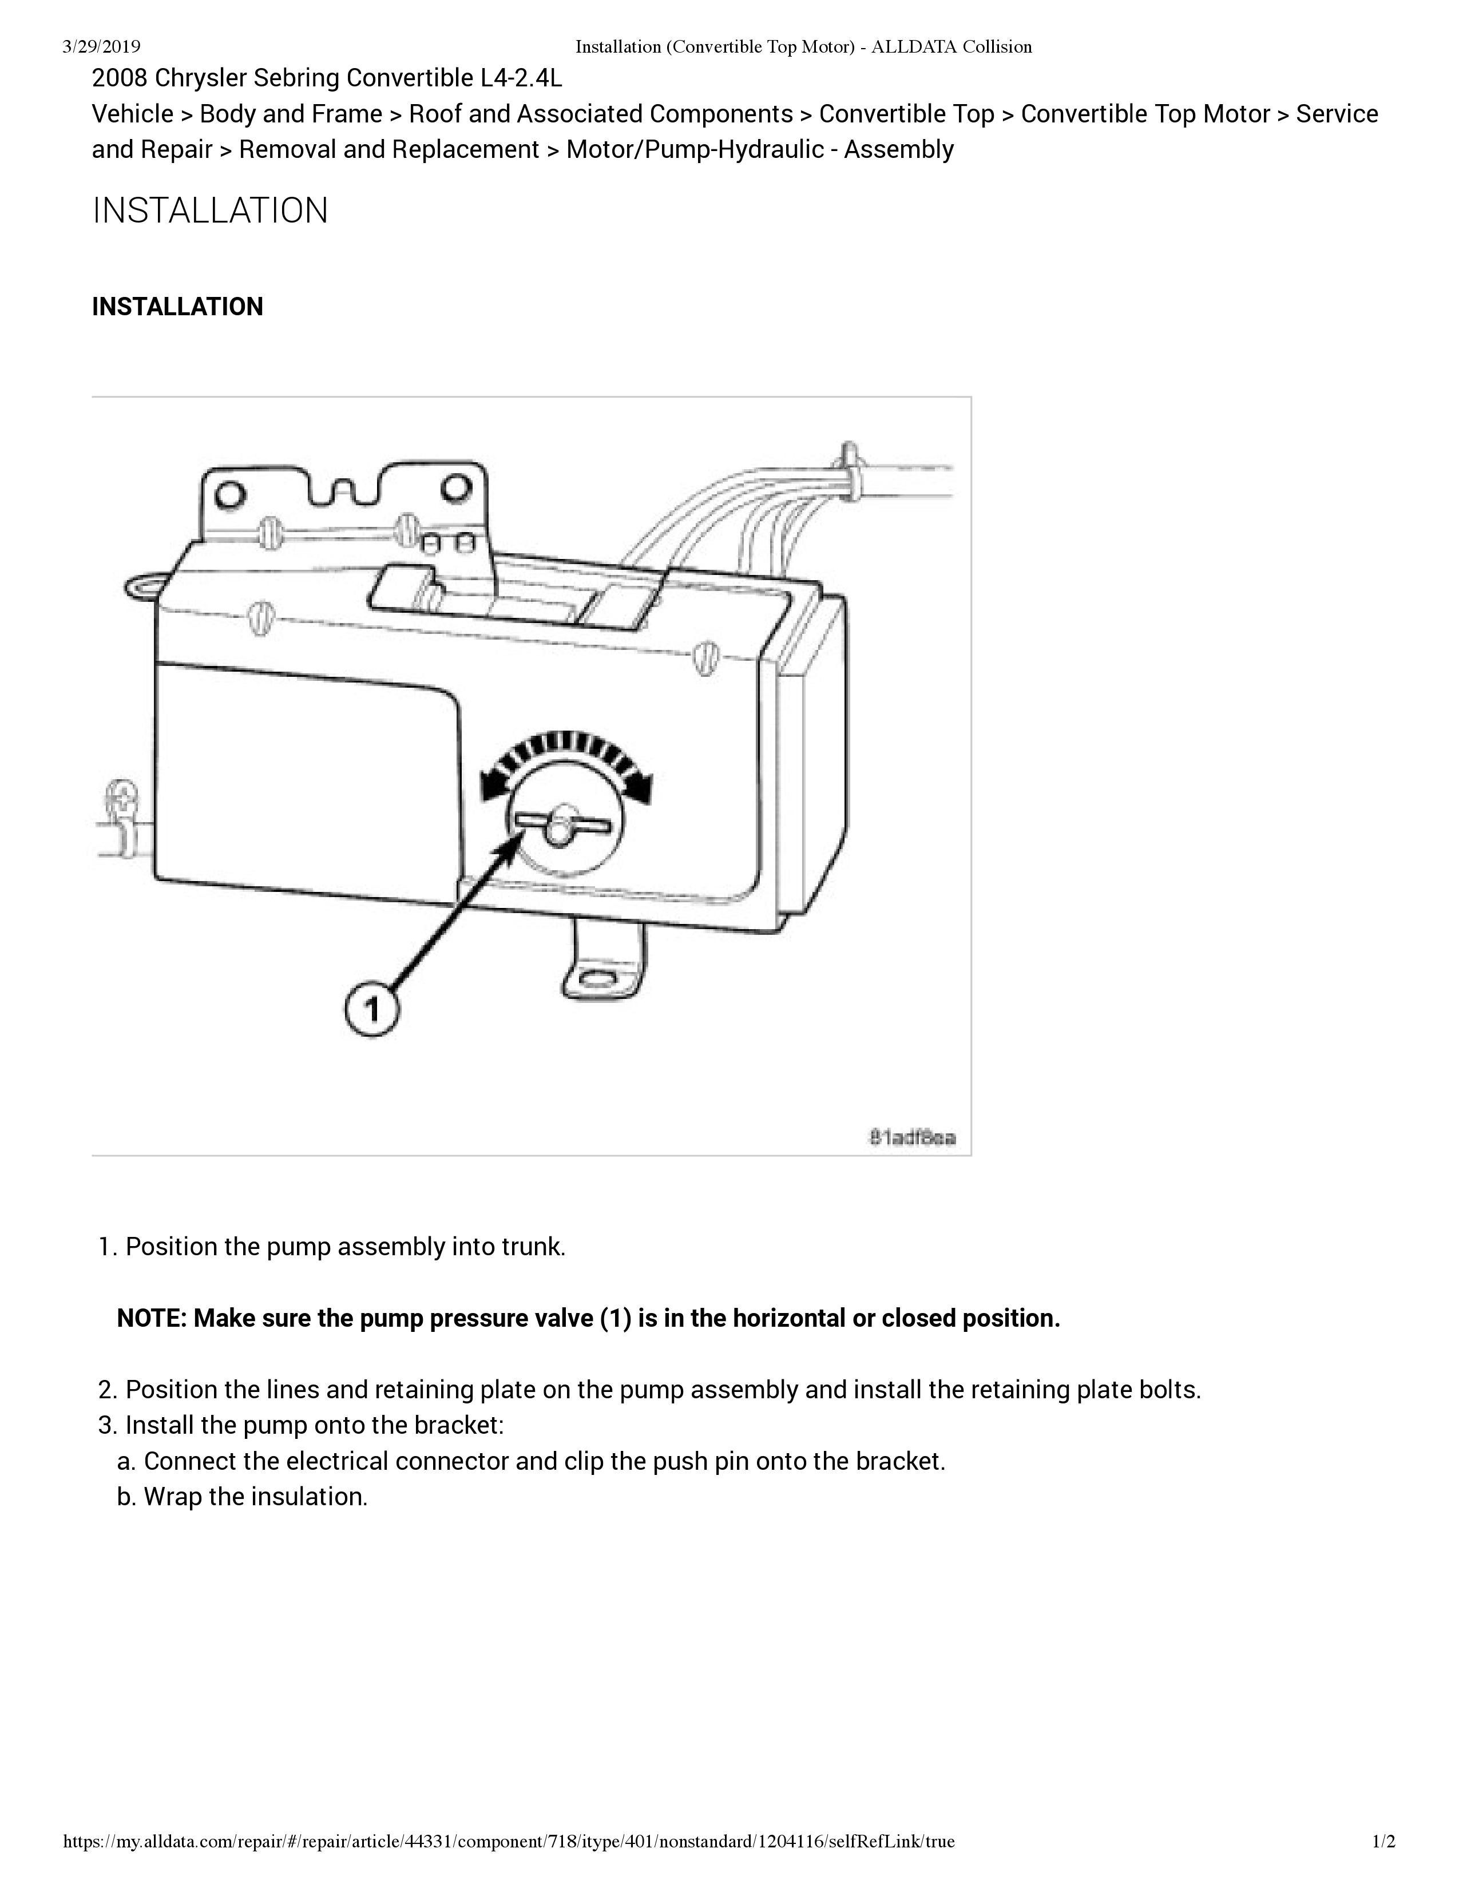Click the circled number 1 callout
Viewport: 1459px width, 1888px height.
tap(372, 1008)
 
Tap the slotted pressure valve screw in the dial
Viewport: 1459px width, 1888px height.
tap(562, 824)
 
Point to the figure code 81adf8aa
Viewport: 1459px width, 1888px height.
tap(912, 1137)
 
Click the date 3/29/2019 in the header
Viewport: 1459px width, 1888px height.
tap(101, 47)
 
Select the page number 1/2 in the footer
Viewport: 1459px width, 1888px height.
tap(1384, 1841)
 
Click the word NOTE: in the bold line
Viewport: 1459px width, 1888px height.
tap(151, 1318)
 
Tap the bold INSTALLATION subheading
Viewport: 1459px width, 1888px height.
tap(177, 307)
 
